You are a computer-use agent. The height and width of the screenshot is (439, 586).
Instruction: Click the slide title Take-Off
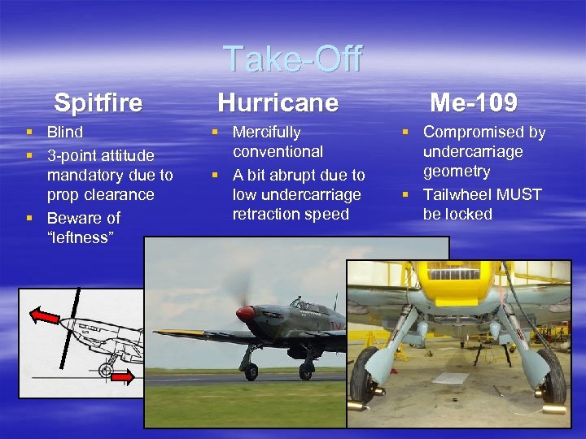pos(292,59)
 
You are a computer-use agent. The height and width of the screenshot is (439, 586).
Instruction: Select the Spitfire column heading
pos(98,103)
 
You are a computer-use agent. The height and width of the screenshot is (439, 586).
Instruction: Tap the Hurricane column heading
pos(278,102)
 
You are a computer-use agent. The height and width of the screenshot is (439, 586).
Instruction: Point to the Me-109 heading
pos(473,102)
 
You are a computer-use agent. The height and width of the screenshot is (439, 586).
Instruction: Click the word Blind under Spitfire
pos(65,132)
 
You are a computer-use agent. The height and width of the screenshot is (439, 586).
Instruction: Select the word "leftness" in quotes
pos(80,237)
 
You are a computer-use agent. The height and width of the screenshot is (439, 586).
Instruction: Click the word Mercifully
pos(267,132)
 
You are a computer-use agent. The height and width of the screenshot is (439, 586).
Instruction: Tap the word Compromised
pos(484,132)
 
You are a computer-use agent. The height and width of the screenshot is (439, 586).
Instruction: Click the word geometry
pos(457,172)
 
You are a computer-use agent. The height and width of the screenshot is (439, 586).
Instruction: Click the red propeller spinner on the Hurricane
pos(244,313)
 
